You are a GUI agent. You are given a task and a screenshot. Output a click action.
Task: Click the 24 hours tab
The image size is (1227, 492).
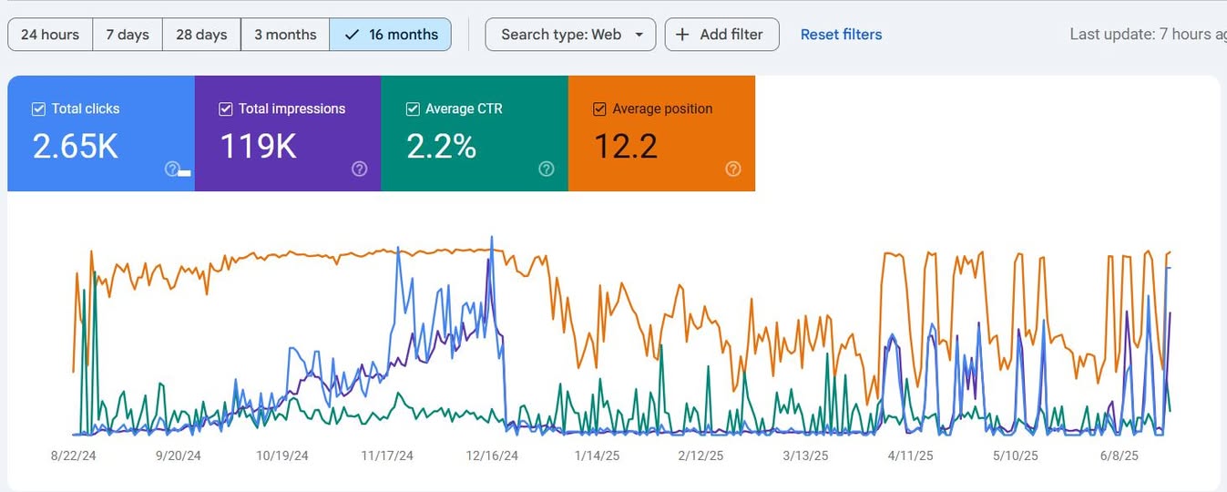[50, 35]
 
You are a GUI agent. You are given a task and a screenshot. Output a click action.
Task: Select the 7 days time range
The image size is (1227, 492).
[128, 35]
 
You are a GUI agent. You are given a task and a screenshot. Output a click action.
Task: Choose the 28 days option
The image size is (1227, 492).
[201, 35]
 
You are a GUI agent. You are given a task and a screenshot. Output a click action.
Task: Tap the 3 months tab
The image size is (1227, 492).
[285, 35]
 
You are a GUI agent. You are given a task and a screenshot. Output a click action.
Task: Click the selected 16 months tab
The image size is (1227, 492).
[391, 35]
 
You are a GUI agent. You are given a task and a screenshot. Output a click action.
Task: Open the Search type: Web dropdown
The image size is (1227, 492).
[570, 35]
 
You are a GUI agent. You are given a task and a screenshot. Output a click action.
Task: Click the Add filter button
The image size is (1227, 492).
[722, 35]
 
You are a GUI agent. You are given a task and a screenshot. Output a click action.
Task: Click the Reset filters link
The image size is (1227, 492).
[841, 35]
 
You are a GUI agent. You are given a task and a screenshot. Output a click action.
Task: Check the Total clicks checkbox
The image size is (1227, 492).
[38, 109]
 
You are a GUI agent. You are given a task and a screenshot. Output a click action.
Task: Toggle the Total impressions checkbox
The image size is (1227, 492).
[226, 109]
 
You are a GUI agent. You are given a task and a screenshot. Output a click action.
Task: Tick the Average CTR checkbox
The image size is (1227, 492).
[413, 109]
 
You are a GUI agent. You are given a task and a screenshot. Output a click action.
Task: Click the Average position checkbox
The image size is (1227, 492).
[599, 109]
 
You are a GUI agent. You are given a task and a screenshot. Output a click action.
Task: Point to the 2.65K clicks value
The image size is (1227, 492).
[76, 147]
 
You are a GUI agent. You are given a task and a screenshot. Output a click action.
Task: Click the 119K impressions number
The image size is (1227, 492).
[258, 147]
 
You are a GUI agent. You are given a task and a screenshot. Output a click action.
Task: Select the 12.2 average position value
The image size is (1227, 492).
[626, 147]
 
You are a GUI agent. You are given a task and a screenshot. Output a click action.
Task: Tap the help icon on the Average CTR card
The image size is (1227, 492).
[547, 169]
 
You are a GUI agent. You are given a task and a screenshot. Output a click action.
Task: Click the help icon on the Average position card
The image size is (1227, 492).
[733, 169]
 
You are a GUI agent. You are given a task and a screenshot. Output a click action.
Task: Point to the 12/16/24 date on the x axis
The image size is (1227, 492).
[492, 456]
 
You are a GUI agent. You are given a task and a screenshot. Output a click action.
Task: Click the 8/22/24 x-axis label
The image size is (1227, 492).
[74, 456]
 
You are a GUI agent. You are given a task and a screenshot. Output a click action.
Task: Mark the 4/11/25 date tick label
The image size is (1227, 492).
[910, 456]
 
